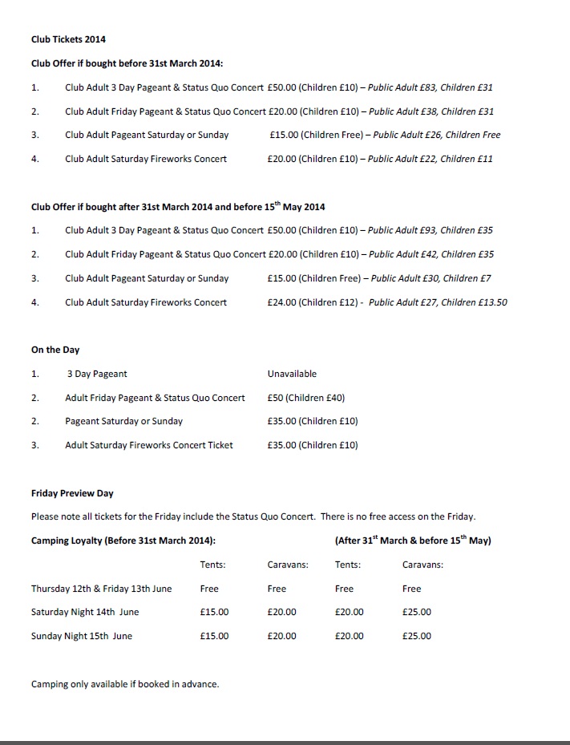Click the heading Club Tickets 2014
pos(68,38)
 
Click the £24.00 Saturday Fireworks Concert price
pos(282,302)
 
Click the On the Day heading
pos(55,350)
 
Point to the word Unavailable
pos(292,374)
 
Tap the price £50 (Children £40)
pos(306,398)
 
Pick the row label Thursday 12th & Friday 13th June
pos(101,589)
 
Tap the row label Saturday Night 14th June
pos(85,612)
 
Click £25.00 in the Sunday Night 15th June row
pos(416,636)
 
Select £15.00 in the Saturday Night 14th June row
pos(214,612)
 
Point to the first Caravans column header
pos(288,565)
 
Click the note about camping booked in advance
pos(125,684)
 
